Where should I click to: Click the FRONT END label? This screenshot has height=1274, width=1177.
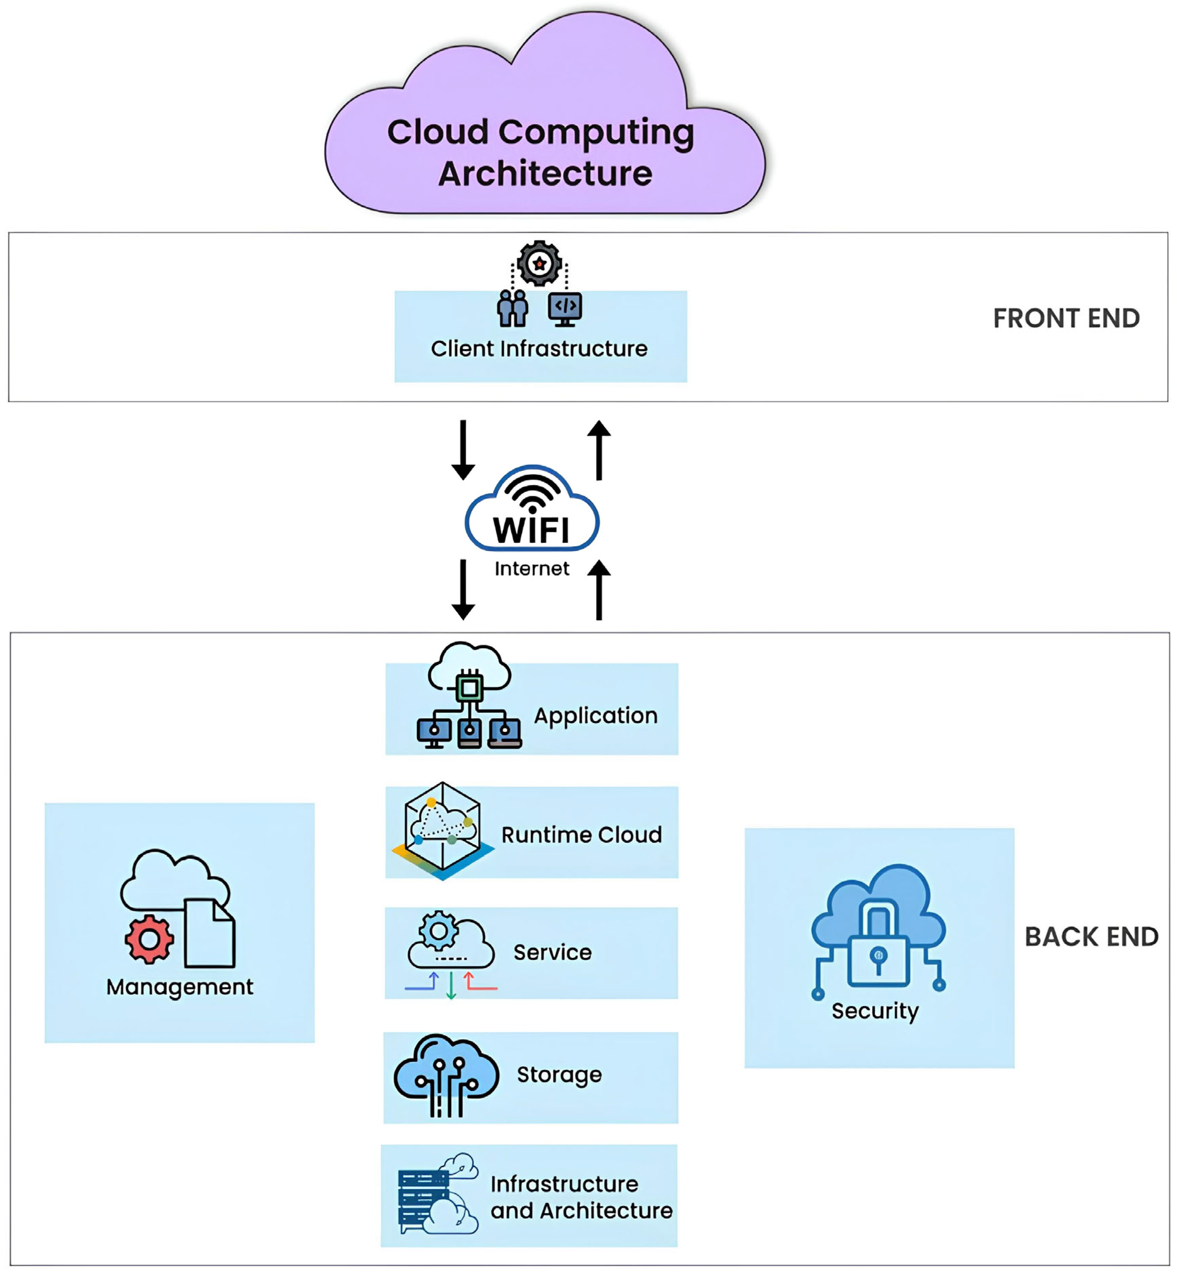coord(1066,318)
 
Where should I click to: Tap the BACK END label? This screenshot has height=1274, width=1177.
coord(1091,937)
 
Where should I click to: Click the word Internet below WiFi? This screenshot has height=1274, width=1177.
coord(532,569)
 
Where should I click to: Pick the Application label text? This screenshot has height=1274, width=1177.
coord(596,716)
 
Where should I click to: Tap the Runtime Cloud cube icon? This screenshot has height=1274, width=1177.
coord(443,830)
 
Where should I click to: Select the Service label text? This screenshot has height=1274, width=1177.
coord(552,953)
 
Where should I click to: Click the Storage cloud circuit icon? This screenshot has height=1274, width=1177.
coord(446,1075)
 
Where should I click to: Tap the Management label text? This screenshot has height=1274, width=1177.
coord(180,987)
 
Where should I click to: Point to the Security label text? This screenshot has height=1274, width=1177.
coord(875,1011)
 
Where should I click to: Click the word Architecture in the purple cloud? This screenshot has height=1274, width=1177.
coord(545,174)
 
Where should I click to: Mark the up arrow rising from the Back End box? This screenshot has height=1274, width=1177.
coord(599,589)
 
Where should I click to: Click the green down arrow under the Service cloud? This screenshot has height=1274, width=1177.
coord(451,985)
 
